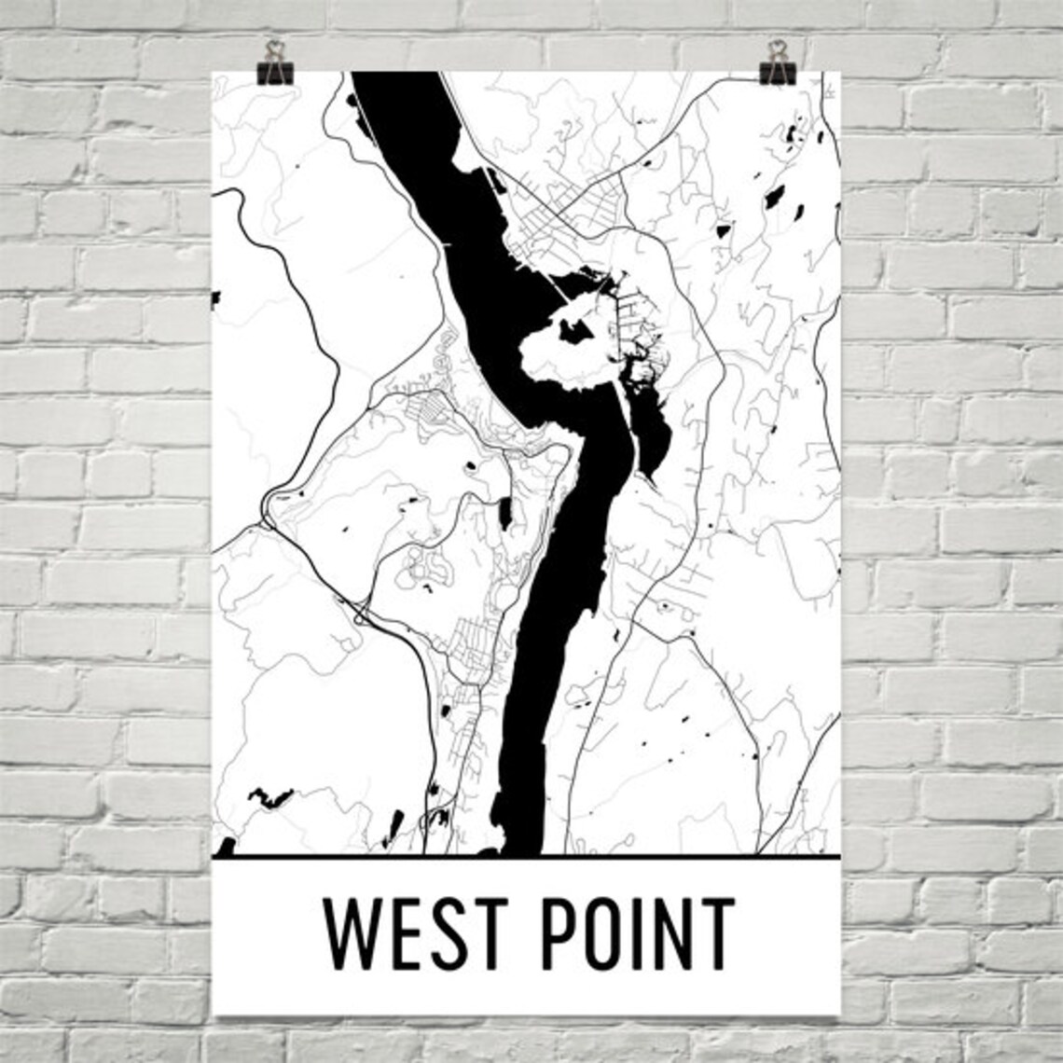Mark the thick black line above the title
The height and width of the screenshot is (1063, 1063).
click(x=527, y=855)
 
